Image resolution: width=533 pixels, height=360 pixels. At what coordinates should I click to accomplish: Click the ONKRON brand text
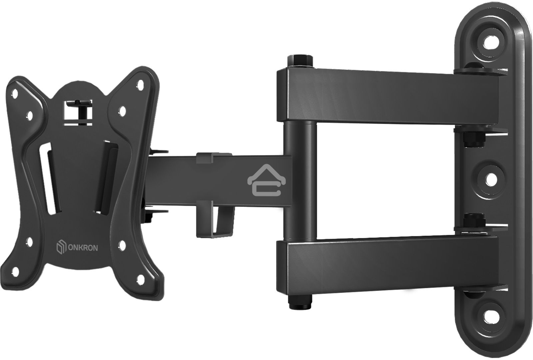83,248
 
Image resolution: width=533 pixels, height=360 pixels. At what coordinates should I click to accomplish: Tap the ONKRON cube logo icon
61,248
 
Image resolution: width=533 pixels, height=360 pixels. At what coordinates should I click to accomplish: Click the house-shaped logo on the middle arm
266,180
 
